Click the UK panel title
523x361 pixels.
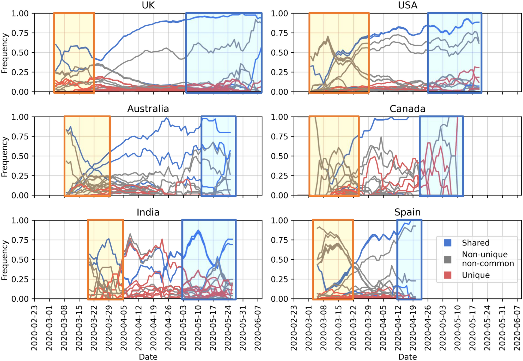click(148, 5)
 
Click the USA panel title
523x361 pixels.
click(408, 5)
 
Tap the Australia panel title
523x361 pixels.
click(148, 109)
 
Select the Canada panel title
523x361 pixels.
click(408, 109)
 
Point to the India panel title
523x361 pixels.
click(148, 212)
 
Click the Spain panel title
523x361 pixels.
click(408, 212)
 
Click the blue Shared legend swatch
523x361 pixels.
click(447, 243)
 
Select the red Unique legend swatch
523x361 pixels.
click(447, 275)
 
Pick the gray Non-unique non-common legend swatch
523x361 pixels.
click(447, 259)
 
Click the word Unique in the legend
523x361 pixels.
click(476, 275)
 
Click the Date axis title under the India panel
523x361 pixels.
click(148, 357)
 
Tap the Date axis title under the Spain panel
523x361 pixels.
click(408, 357)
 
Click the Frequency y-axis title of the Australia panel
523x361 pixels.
click(4, 157)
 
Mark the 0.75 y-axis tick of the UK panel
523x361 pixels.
click(20, 33)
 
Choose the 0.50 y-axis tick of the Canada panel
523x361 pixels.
click(279, 156)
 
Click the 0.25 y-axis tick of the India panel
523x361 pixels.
click(20, 279)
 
